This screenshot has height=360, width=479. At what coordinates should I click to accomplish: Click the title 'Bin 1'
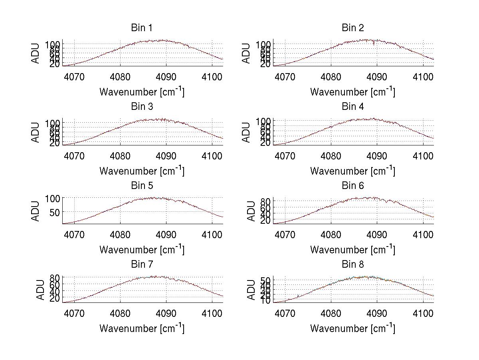click(x=142, y=28)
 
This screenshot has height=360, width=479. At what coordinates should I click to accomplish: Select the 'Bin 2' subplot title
click(x=353, y=28)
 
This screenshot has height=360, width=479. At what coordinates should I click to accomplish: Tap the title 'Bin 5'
click(x=142, y=186)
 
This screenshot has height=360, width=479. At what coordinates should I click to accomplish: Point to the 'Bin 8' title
click(x=353, y=265)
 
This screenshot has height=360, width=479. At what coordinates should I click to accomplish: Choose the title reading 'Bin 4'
click(x=353, y=107)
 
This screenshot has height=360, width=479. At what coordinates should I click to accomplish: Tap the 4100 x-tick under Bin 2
click(x=423, y=76)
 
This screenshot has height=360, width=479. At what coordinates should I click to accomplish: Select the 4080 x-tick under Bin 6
click(x=331, y=234)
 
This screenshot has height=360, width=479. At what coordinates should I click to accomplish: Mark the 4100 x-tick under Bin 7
click(x=212, y=313)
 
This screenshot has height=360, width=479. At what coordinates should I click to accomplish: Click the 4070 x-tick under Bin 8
click(x=285, y=313)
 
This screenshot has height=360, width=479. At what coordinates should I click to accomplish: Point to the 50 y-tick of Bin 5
click(x=55, y=213)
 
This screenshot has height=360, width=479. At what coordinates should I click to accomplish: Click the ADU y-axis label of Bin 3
click(x=36, y=132)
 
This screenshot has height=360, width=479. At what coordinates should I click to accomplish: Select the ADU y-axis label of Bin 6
click(x=251, y=211)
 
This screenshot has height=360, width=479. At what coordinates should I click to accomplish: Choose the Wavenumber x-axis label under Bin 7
click(x=142, y=328)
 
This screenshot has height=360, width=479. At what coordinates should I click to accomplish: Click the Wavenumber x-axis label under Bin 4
click(x=353, y=171)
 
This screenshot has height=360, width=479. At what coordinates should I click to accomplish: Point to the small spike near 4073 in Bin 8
click(x=298, y=296)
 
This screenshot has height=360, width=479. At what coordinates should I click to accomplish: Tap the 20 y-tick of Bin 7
click(x=55, y=298)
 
